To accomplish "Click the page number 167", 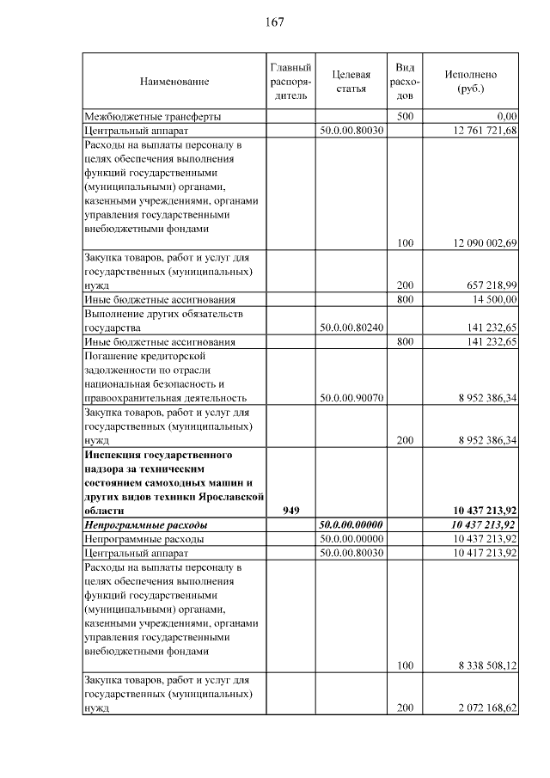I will [x=275, y=21].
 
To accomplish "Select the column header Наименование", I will [x=174, y=82].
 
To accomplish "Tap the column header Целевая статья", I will [x=351, y=82].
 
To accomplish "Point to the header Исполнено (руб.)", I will [x=471, y=82].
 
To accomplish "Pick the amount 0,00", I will [x=506, y=116].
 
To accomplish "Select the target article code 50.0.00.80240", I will [x=351, y=328].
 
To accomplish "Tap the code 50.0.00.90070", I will [x=351, y=398].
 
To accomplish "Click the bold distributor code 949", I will [x=290, y=510].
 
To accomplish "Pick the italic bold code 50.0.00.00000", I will [x=351, y=524].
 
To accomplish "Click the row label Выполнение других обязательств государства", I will [x=163, y=321].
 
